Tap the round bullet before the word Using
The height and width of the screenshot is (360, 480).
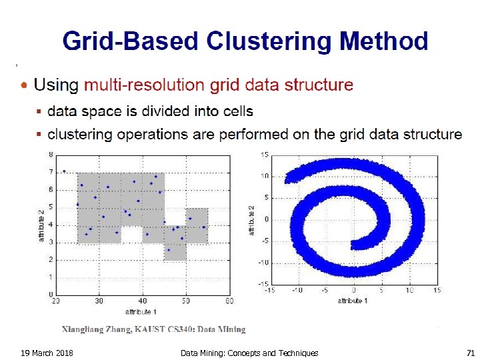(x=25, y=85)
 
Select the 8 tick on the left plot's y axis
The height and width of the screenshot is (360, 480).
(x=51, y=155)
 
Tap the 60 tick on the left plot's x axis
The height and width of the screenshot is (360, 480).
(x=229, y=301)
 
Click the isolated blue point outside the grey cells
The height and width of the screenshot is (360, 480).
(x=64, y=171)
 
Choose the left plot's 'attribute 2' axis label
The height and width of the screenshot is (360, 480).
(x=41, y=224)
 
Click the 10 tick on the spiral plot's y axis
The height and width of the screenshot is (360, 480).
(x=265, y=177)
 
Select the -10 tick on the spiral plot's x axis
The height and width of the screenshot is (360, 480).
(x=297, y=290)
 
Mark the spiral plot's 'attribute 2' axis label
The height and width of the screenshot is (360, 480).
(x=252, y=219)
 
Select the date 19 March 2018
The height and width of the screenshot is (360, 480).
(x=47, y=353)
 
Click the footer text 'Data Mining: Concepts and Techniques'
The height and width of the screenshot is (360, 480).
(x=249, y=353)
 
